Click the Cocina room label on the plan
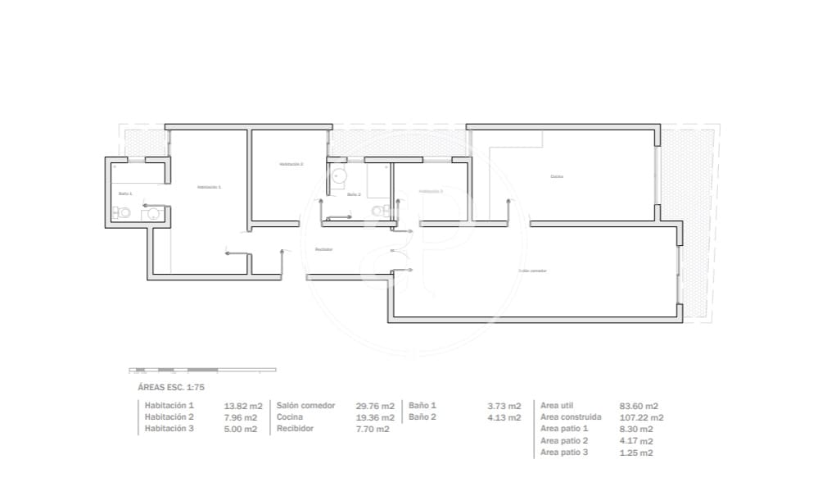557,176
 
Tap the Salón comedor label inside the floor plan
532,271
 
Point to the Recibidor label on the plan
323,249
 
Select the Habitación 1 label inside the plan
209,188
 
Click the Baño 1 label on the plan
125,193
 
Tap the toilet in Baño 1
123,213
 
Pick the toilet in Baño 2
378,211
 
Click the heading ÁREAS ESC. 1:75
176,386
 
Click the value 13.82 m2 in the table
243,406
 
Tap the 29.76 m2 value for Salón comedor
375,406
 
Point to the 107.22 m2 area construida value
641,417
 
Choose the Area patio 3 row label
564,453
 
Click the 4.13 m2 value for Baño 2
504,417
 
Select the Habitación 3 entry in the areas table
169,429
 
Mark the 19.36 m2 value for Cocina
375,417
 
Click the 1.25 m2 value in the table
636,453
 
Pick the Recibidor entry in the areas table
295,429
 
